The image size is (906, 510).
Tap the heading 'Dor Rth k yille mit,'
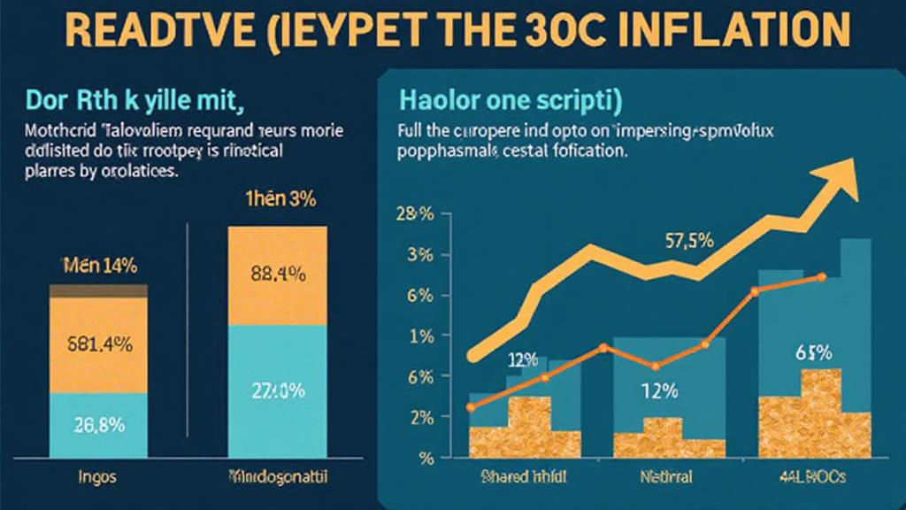pyautogui.click(x=133, y=99)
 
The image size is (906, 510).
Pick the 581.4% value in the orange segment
pyautogui.click(x=99, y=346)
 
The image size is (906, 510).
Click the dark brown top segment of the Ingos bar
pyautogui.click(x=98, y=290)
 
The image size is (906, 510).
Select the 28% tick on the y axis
pyautogui.click(x=414, y=214)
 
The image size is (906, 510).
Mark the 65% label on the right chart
pyautogui.click(x=813, y=352)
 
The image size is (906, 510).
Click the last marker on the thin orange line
pyautogui.click(x=822, y=277)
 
